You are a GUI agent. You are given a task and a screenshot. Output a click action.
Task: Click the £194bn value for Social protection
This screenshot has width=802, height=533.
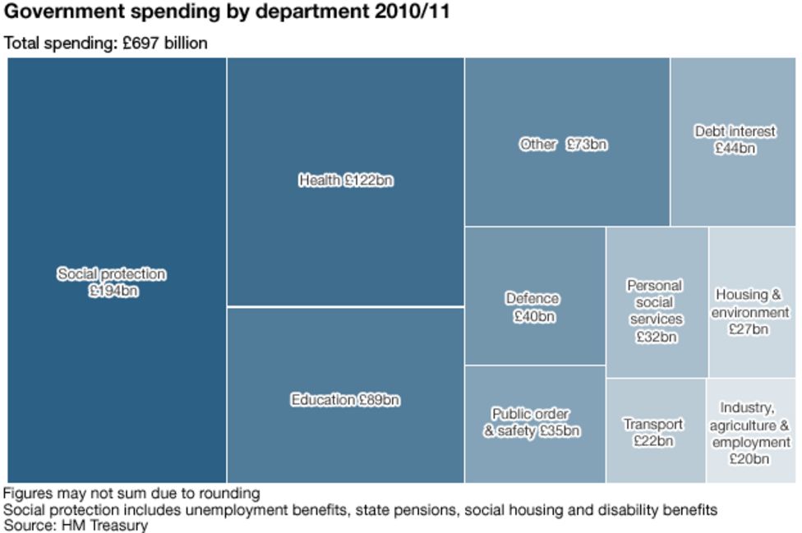(x=113, y=291)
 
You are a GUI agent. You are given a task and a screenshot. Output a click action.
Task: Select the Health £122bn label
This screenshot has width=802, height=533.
(x=345, y=180)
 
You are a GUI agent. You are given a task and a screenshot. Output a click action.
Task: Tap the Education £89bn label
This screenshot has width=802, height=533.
(x=345, y=400)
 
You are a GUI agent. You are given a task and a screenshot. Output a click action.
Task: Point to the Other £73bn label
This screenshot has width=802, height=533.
(x=564, y=144)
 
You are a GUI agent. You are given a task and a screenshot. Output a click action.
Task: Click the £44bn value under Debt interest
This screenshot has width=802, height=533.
(x=735, y=149)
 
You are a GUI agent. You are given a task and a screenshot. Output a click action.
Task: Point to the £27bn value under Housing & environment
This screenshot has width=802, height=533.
(x=749, y=329)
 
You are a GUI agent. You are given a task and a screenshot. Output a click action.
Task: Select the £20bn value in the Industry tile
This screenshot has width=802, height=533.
(x=749, y=459)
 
